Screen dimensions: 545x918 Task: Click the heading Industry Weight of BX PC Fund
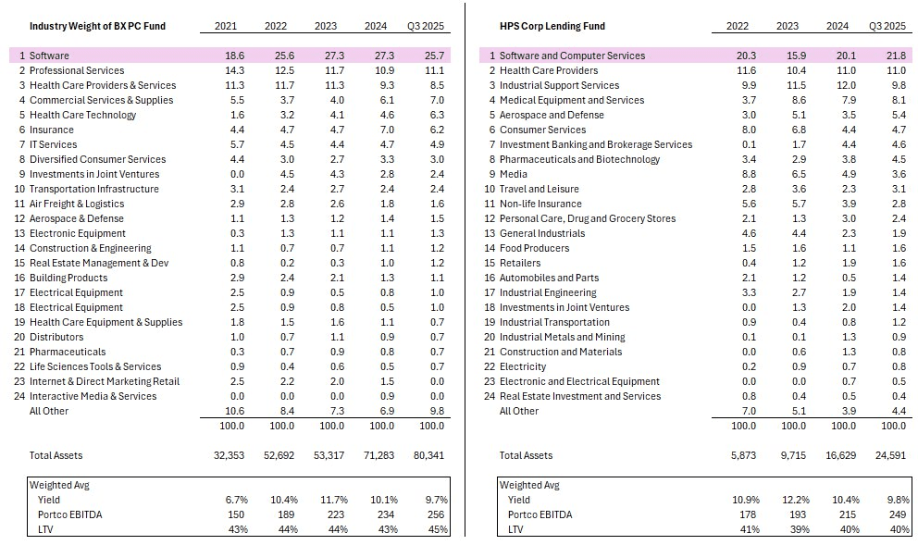click(x=97, y=26)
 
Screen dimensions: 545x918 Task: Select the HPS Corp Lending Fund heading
click(x=552, y=26)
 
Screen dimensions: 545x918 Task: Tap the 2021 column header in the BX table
click(x=226, y=26)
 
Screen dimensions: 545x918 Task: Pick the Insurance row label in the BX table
click(x=52, y=130)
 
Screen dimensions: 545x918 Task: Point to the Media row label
click(x=514, y=174)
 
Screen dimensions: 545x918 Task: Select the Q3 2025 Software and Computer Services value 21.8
click(x=896, y=56)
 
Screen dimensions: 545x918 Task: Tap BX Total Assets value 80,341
click(x=430, y=455)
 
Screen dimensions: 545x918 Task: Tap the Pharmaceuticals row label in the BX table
click(x=67, y=352)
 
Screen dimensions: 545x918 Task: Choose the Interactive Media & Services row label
click(x=93, y=396)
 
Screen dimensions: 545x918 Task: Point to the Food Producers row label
click(x=535, y=248)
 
